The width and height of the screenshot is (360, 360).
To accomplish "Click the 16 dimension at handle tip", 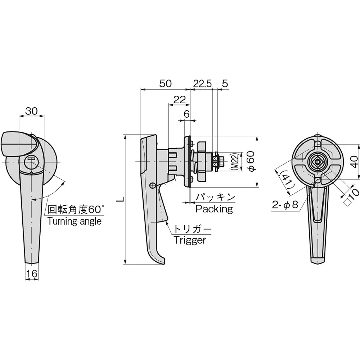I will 32,274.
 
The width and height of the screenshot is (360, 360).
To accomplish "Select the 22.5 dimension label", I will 202,84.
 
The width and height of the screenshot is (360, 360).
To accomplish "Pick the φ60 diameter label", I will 251,161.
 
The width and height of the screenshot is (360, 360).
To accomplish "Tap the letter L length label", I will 122,199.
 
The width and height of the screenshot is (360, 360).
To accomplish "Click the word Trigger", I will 190,240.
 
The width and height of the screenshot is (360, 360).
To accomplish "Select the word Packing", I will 214,209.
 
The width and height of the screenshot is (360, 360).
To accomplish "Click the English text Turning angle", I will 75,221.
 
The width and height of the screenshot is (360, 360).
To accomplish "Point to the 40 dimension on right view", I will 354,162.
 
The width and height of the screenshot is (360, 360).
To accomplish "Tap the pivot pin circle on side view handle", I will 152,186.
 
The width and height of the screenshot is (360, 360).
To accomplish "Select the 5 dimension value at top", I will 225,84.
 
